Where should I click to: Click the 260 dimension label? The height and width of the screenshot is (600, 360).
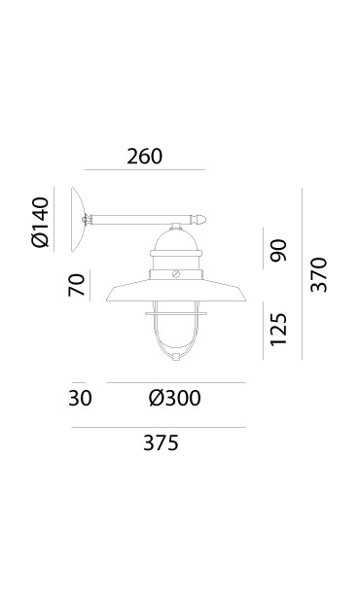(144, 157)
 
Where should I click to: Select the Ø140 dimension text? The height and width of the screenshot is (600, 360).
(41, 223)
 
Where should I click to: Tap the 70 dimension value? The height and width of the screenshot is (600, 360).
(76, 285)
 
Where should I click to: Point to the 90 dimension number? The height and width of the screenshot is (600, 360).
(278, 250)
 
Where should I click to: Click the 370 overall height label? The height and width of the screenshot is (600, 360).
(318, 275)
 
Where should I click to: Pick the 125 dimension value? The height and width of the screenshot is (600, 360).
(278, 330)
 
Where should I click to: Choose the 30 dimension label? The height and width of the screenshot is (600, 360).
(80, 398)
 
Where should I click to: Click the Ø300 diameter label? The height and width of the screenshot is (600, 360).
(174, 398)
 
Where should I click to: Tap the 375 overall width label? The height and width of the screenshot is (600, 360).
(161, 443)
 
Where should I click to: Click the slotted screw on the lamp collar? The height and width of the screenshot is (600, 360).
(176, 274)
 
